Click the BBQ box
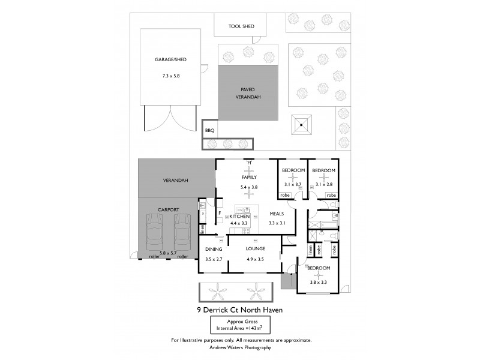(x=209, y=130)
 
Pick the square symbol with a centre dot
(x=302, y=125)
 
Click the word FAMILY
(x=249, y=178)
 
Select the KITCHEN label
(x=239, y=216)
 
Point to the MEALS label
(x=277, y=213)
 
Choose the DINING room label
(x=214, y=249)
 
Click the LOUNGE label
(x=255, y=249)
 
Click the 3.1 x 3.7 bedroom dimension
(x=293, y=184)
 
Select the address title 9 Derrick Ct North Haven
(x=240, y=310)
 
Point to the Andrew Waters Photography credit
(x=240, y=347)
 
